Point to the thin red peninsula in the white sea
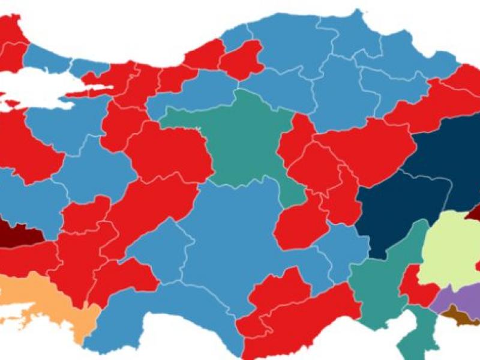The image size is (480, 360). (90, 91)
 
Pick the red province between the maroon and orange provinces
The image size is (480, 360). (24, 258)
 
